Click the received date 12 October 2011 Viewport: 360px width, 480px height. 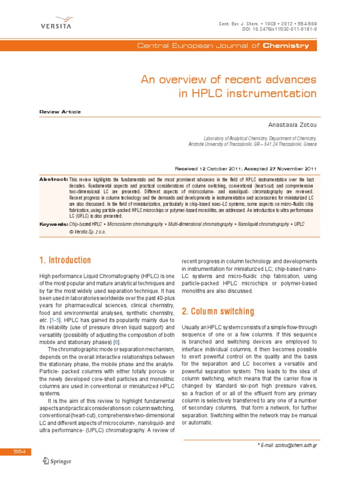point(221,169)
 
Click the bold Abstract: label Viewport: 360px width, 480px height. point(53,180)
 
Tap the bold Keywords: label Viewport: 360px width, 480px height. point(53,225)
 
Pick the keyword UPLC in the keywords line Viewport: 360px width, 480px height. point(299,225)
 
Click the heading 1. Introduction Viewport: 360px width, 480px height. point(65,260)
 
